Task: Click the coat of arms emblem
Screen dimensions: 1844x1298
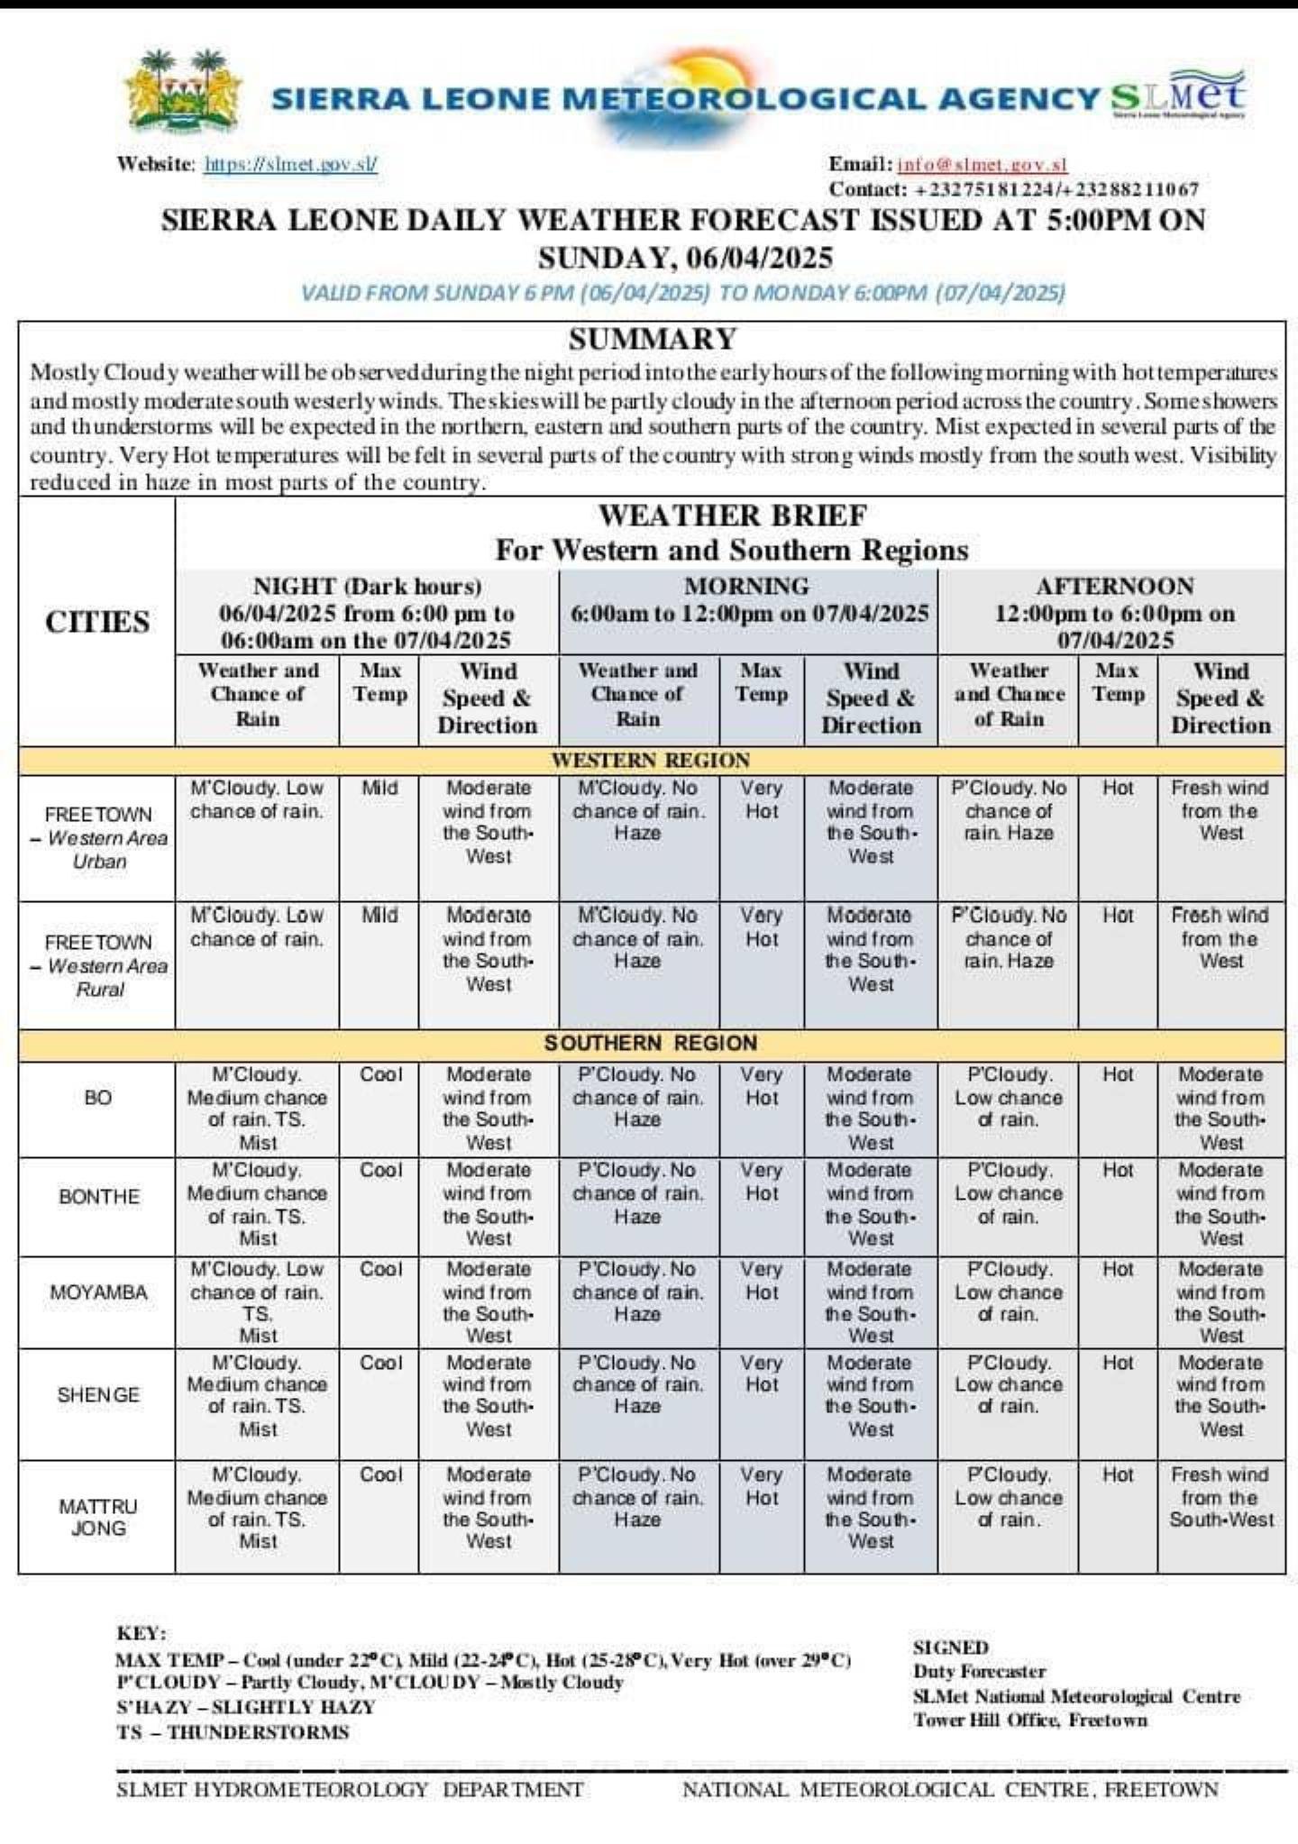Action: pos(184,94)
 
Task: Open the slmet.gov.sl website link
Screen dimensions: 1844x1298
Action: pos(290,164)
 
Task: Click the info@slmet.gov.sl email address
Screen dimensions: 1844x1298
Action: pos(983,164)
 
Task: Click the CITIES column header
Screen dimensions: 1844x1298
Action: pos(97,622)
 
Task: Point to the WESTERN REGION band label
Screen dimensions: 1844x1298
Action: pos(650,760)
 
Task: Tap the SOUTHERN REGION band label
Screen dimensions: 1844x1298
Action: pos(650,1044)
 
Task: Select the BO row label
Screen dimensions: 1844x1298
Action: pos(97,1098)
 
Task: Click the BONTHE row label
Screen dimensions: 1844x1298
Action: pos(99,1197)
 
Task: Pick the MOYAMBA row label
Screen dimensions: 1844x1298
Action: pos(98,1292)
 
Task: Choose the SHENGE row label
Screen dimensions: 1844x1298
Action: pos(98,1394)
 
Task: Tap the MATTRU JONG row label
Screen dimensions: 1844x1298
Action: pos(98,1517)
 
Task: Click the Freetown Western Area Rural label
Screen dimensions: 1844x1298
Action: pos(99,965)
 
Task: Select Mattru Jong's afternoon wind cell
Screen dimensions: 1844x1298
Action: pos(1220,1497)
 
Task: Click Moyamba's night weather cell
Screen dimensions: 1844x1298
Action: pos(257,1301)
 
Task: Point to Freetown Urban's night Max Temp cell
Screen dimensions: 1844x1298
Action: pos(379,788)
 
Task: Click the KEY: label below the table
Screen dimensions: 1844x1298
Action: pos(141,1633)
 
